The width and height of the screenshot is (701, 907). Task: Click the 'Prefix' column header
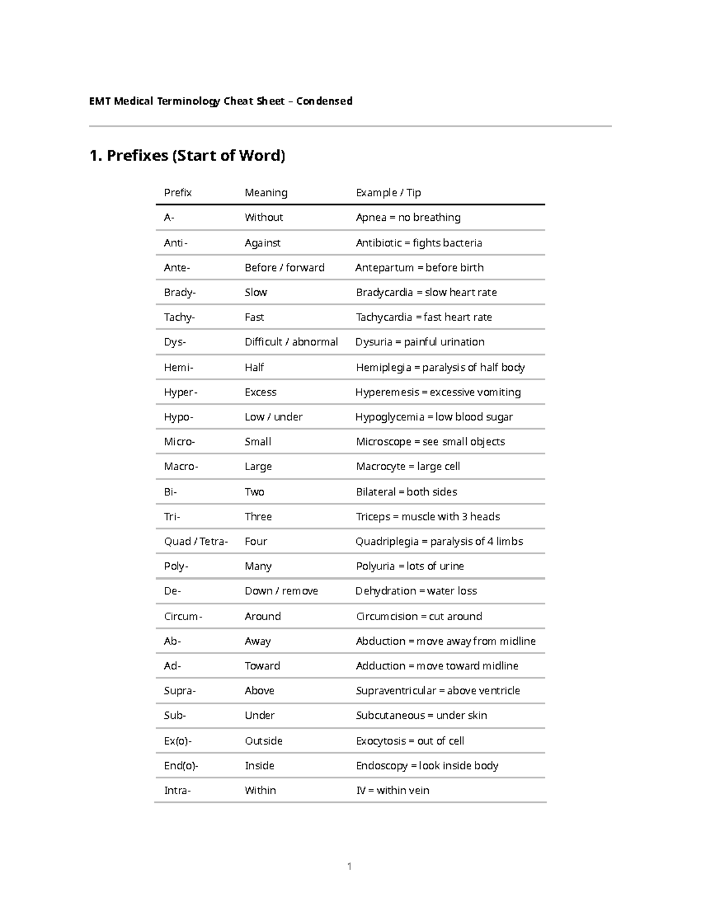178,193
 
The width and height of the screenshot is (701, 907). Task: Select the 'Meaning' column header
266,193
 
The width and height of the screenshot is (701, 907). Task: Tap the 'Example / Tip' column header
388,193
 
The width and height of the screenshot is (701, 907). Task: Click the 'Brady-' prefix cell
180,293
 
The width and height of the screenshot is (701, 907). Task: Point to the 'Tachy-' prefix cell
179,317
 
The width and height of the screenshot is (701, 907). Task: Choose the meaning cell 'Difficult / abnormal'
291,342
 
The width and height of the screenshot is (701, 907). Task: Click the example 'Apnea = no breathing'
408,218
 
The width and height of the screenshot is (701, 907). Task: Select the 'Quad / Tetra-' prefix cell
196,541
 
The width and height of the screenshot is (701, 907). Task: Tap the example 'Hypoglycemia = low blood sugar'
434,417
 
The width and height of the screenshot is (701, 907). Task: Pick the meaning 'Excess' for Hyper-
261,392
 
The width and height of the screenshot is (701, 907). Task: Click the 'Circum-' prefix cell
183,617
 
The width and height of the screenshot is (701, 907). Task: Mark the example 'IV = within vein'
393,791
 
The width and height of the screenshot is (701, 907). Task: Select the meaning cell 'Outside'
263,741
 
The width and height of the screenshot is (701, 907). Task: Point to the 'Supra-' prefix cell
180,691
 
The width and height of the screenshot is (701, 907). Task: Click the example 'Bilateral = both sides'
407,492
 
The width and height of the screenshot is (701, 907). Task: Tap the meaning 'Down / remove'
281,591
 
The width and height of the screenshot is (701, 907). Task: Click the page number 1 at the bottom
349,866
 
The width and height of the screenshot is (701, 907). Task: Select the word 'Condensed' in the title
324,101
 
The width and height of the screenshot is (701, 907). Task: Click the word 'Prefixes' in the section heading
137,155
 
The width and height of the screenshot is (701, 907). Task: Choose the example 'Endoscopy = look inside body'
427,766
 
